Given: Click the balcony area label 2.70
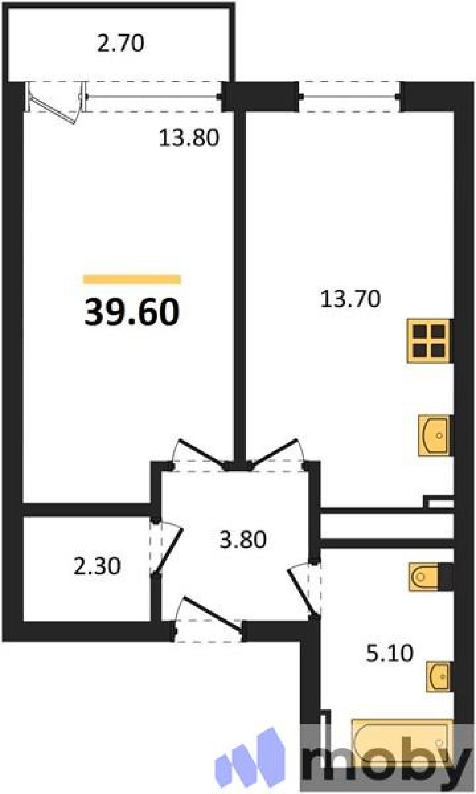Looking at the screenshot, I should point(120,43).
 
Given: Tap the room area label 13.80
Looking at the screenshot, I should point(189,137).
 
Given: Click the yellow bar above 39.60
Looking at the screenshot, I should point(132,279).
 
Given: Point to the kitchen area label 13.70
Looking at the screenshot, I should point(351,299).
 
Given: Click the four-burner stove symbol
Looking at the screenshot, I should point(429,340).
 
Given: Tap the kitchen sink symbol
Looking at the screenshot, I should point(435,435).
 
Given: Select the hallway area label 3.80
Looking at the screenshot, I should point(243,539).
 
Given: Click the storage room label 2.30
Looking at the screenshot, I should point(97,566).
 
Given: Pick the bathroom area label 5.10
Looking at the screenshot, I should point(389,653).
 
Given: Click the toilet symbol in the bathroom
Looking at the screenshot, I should point(425,577).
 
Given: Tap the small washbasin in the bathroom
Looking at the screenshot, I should point(438,676).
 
